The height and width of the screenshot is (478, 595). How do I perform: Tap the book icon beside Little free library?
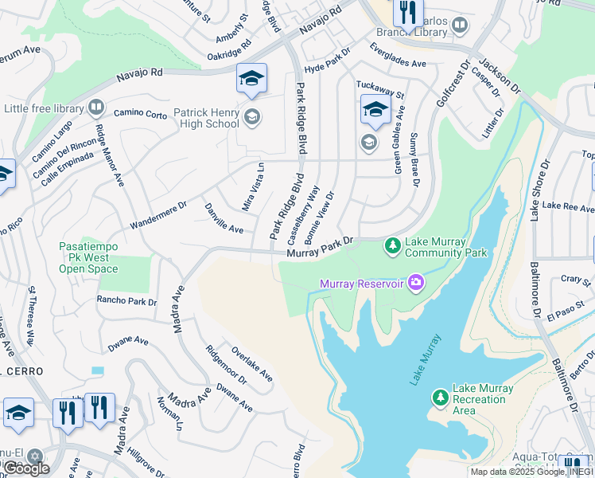95,107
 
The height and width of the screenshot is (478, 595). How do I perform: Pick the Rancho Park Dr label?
126,301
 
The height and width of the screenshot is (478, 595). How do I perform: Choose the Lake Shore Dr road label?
540,190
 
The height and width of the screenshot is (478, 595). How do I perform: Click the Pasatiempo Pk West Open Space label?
88,258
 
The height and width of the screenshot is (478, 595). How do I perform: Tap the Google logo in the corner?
26,468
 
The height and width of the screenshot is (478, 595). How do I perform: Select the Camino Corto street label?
140,114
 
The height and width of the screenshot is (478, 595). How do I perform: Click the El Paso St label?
567,300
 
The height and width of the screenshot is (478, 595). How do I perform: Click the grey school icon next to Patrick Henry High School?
252,118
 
